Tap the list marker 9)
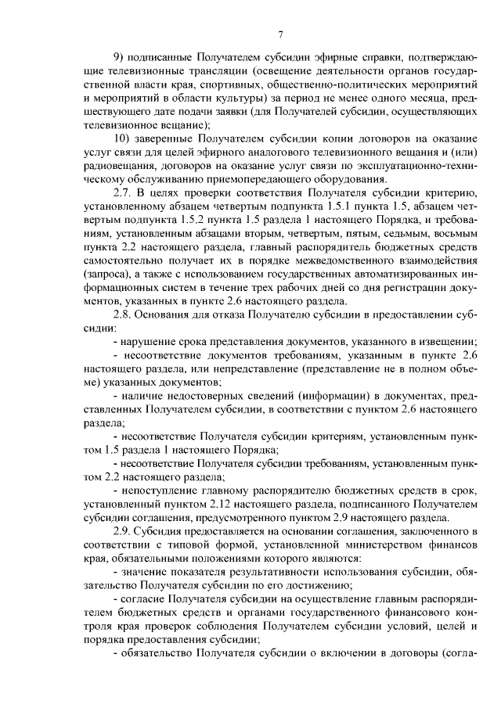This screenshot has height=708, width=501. click(x=120, y=58)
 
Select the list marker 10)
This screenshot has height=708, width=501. click(x=123, y=138)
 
